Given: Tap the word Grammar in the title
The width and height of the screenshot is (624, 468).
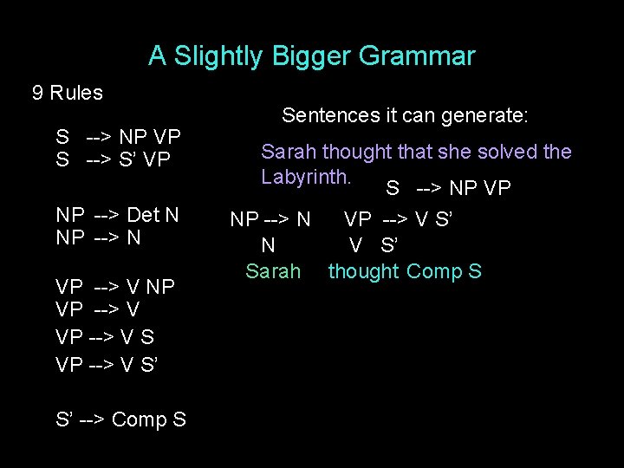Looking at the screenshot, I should point(418,57).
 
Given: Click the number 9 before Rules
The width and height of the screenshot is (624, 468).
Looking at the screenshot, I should point(38,93).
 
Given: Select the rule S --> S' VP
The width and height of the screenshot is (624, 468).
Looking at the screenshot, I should point(114,160).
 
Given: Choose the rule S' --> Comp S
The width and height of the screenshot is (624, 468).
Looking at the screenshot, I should point(120,419).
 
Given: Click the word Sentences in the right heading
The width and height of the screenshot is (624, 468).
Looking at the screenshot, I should point(325,115).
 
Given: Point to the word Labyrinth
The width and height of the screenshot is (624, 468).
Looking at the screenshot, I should point(306,177).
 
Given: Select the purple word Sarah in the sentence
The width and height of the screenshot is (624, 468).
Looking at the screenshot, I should point(289,152).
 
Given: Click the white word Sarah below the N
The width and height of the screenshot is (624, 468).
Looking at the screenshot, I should point(272,271).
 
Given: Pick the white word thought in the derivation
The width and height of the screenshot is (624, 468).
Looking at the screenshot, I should point(363,271).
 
